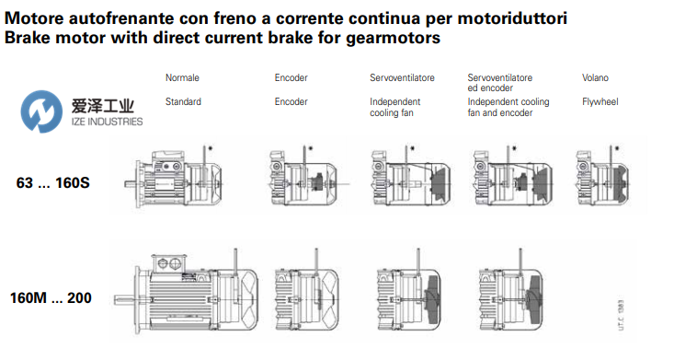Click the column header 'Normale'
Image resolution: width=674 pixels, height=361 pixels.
click(x=182, y=78)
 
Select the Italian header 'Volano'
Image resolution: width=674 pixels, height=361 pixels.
click(x=595, y=78)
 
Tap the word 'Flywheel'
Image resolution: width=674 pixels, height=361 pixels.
click(x=600, y=102)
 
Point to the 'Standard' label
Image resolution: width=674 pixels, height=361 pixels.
click(x=183, y=102)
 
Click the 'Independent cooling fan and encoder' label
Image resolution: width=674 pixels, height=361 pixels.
click(x=508, y=107)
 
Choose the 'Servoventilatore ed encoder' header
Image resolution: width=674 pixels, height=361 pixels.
click(x=500, y=83)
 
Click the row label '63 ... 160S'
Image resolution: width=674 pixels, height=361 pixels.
click(x=52, y=183)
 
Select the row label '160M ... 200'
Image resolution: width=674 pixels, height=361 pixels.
click(x=51, y=297)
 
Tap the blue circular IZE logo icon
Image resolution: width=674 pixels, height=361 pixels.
click(x=41, y=111)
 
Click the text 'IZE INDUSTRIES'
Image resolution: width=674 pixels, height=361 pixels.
click(x=107, y=122)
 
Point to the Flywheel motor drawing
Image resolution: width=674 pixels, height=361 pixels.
click(x=602, y=177)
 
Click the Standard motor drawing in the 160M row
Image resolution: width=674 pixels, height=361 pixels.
click(x=187, y=293)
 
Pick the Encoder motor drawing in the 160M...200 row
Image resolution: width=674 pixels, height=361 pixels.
click(x=306, y=293)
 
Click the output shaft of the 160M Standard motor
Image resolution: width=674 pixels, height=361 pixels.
click(x=125, y=299)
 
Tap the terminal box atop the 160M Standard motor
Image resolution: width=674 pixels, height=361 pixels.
click(x=168, y=262)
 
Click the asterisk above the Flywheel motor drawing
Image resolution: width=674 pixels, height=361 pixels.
click(x=617, y=148)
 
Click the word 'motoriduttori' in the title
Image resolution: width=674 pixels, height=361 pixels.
click(x=512, y=18)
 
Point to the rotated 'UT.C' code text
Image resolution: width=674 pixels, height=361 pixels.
click(x=621, y=315)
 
